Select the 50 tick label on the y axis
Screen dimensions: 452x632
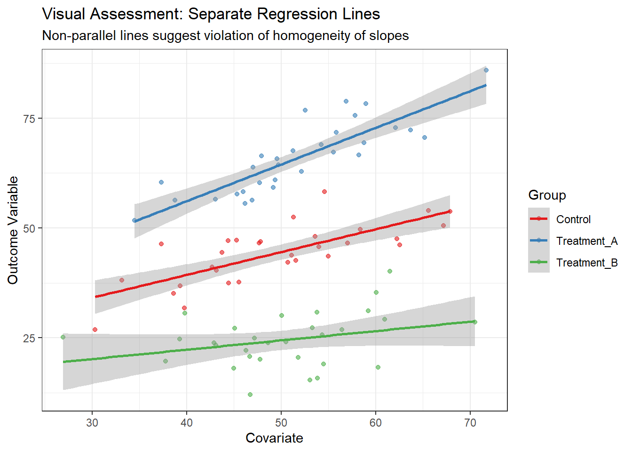[x=30, y=228]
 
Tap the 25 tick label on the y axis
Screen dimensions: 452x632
[x=30, y=338]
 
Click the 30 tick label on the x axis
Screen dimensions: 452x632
[x=92, y=422]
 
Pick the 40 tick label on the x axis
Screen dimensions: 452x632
[x=187, y=422]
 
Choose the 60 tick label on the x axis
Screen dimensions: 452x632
[x=376, y=422]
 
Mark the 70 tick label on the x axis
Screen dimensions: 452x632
[x=470, y=422]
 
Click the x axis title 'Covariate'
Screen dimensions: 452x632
[x=274, y=438]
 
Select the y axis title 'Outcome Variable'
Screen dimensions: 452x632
[x=13, y=230]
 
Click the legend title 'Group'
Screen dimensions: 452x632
[x=547, y=195]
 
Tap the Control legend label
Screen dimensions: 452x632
[x=573, y=219]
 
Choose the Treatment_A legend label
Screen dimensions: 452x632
[x=586, y=241]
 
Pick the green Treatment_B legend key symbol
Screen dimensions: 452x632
[x=539, y=263]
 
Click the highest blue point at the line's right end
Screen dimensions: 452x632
[x=486, y=70]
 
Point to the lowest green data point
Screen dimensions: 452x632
[x=250, y=395]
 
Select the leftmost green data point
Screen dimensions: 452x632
[x=63, y=337]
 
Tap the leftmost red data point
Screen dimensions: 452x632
[x=95, y=330]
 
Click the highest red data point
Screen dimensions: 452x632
[x=324, y=192]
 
